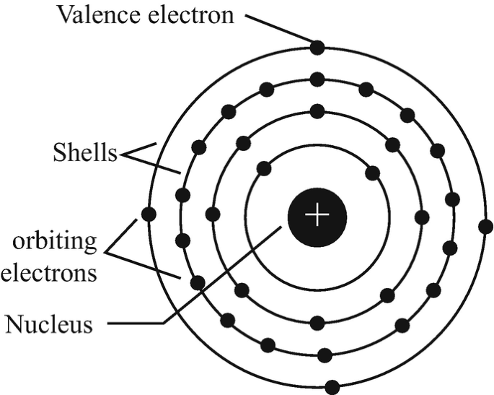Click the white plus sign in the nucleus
[317, 215]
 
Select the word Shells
[84, 153]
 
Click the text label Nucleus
[49, 324]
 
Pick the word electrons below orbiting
[49, 273]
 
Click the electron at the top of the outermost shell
[317, 48]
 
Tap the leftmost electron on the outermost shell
[149, 214]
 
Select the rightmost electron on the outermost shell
[485, 226]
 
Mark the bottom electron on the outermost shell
[332, 386]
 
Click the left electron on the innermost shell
[263, 169]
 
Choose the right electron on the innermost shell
[372, 173]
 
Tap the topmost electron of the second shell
[317, 111]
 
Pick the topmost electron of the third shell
[317, 78]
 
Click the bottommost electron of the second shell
[317, 321]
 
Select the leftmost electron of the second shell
[212, 214]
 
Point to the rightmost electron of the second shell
[422, 216]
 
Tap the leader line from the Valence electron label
[278, 28]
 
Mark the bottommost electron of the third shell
[325, 355]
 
